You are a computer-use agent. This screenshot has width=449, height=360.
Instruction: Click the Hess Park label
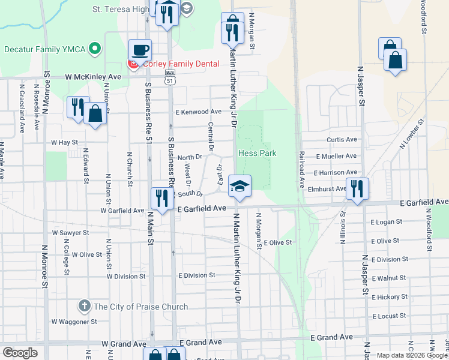258,153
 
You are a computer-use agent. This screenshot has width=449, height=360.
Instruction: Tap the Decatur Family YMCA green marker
94,49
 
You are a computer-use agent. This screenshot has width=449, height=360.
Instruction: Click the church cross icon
84,307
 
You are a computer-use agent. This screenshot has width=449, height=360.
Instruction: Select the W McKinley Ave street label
94,77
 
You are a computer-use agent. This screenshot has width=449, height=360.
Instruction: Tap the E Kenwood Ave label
199,112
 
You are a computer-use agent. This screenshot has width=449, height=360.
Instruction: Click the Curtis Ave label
342,140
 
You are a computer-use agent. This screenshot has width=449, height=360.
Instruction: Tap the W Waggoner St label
74,322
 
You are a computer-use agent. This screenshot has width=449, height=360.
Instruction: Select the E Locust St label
390,316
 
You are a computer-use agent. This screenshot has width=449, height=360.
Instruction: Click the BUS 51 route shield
170,75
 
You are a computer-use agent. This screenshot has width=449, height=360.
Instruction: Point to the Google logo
20,353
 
